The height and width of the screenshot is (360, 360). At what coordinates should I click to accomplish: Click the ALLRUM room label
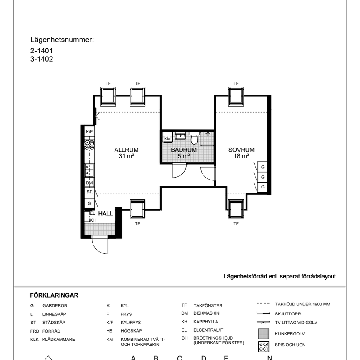[x=127, y=150]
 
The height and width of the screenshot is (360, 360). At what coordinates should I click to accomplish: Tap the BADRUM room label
[x=184, y=150]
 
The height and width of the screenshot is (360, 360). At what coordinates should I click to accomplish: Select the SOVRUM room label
[x=241, y=150]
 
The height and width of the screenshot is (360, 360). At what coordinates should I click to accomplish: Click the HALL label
[x=105, y=213]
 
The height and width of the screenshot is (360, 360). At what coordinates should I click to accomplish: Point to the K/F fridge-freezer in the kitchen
[x=89, y=132]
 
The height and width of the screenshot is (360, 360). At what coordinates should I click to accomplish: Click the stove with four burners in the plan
[x=89, y=145]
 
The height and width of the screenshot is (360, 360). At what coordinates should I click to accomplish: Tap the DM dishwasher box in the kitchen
[x=89, y=183]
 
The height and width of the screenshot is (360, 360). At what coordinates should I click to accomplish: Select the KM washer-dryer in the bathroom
[x=167, y=137]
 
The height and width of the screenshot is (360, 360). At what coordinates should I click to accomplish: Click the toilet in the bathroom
[x=194, y=138]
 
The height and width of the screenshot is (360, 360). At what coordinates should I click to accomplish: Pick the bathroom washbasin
[x=180, y=136]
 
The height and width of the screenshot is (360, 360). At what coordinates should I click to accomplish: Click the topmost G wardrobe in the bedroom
[x=262, y=167]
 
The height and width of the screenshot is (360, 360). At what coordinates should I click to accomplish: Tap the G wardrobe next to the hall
[x=89, y=203]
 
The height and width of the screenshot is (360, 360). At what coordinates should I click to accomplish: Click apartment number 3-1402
[x=42, y=59]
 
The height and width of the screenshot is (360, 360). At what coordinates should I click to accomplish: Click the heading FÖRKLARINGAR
[x=54, y=295]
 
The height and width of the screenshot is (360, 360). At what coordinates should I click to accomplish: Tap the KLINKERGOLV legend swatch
[x=264, y=334]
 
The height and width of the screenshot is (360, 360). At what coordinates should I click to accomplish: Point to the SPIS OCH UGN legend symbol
[x=264, y=347]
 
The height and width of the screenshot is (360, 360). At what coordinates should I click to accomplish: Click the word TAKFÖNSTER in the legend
[x=208, y=305]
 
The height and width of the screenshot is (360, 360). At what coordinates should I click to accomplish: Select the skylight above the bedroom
[x=236, y=96]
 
